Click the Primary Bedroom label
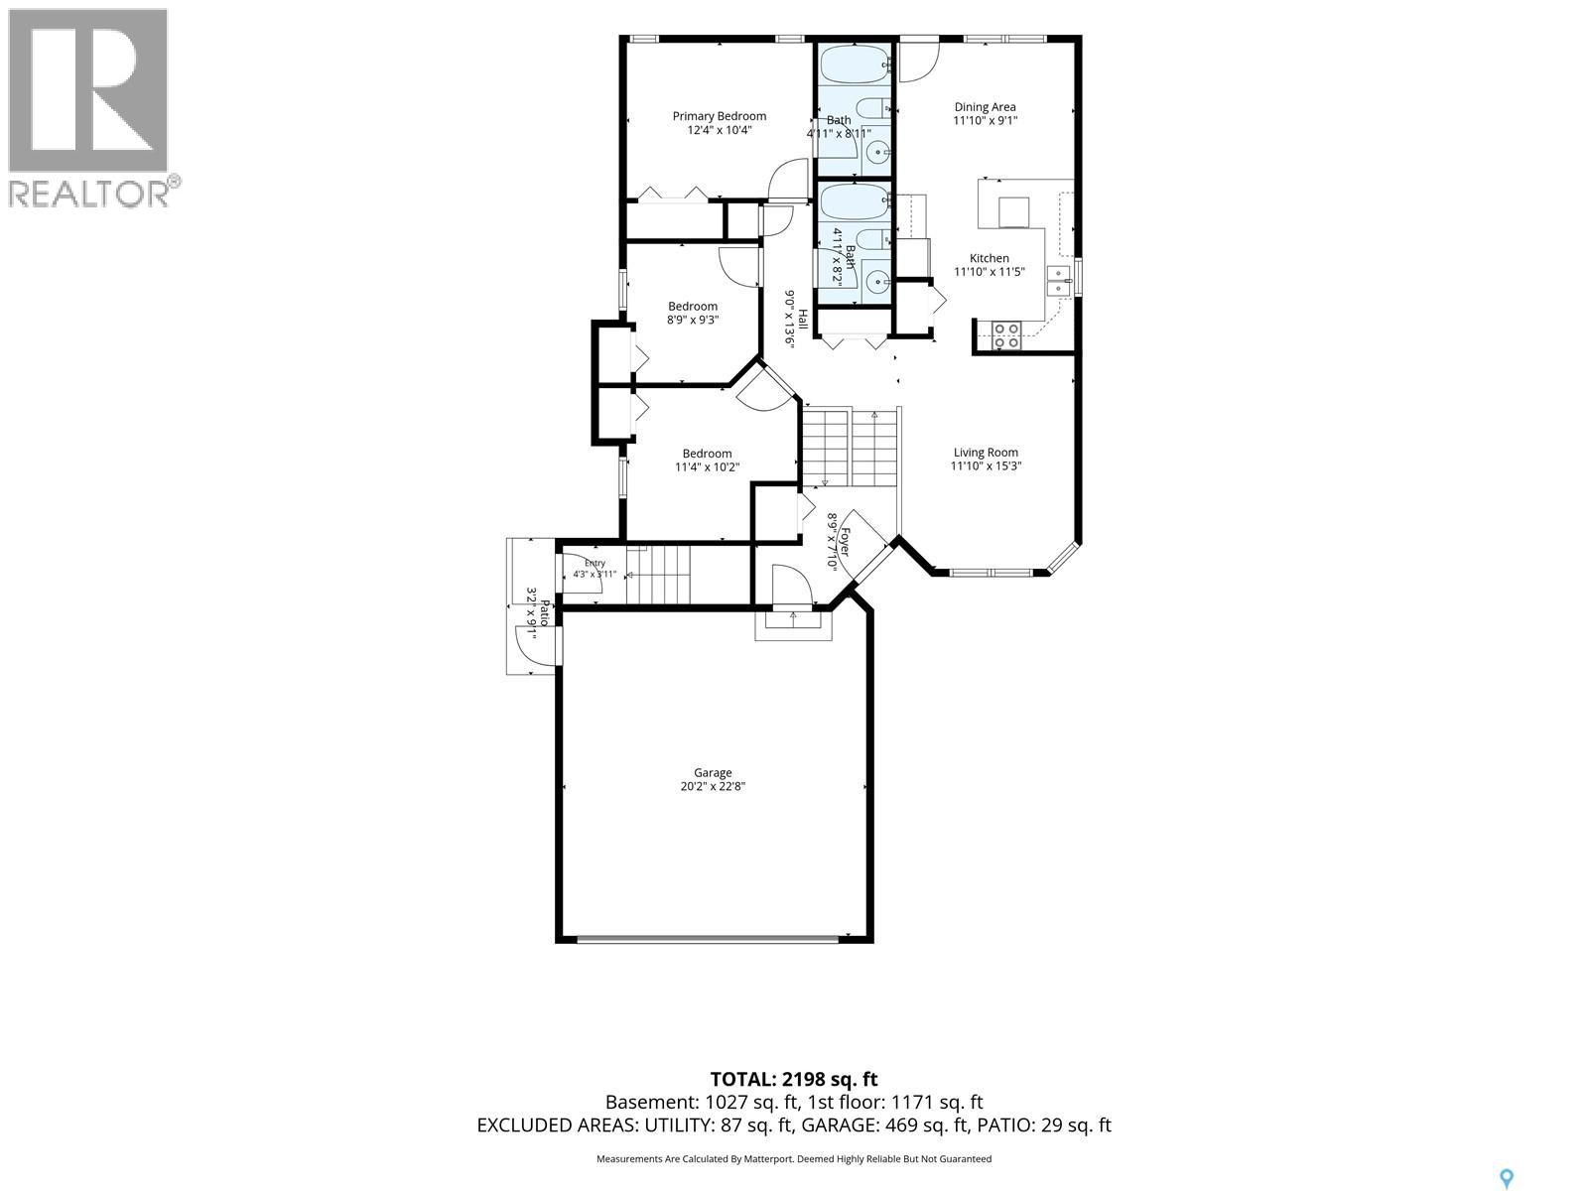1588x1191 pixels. click(x=720, y=116)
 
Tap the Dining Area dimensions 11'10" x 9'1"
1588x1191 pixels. click(x=985, y=121)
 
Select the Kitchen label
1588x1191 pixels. click(x=989, y=258)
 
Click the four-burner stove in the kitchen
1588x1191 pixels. click(x=1005, y=335)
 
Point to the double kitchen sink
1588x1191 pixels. click(x=1058, y=281)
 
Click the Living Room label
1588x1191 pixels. click(x=986, y=453)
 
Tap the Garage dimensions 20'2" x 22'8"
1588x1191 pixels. click(x=713, y=786)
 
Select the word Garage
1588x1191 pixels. click(x=713, y=773)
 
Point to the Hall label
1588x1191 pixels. click(x=802, y=319)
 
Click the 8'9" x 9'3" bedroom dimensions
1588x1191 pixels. click(x=693, y=320)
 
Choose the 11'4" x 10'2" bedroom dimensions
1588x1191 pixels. click(x=707, y=467)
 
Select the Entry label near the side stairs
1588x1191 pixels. click(x=595, y=564)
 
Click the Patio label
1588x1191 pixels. click(x=544, y=614)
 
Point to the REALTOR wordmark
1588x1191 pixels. click(x=94, y=193)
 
